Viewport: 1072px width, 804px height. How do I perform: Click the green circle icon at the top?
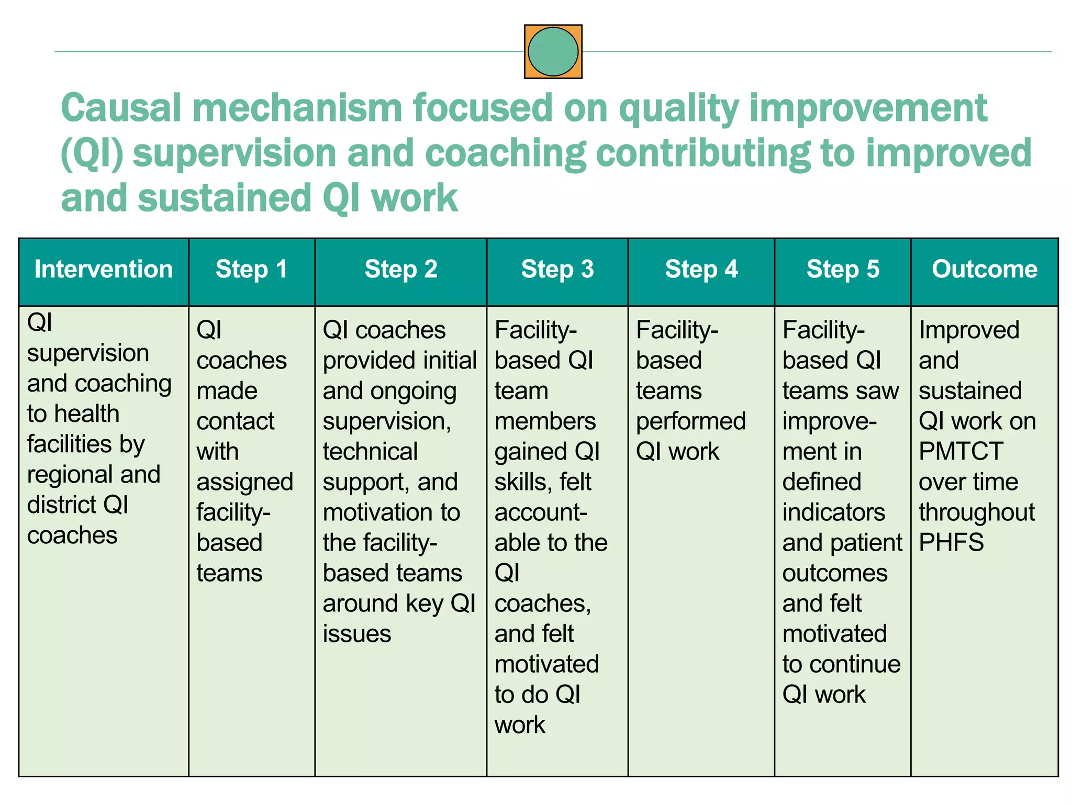click(x=553, y=52)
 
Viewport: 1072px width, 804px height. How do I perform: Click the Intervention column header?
click(x=103, y=270)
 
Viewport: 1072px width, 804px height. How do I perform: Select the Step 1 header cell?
click(x=251, y=270)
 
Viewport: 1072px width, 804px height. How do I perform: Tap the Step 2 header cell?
click(x=400, y=270)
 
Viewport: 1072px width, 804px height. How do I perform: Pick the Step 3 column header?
click(x=557, y=270)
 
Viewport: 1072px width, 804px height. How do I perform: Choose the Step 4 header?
click(x=701, y=270)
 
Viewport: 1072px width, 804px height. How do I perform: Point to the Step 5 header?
click(x=842, y=270)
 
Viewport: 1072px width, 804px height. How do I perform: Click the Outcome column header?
click(x=984, y=270)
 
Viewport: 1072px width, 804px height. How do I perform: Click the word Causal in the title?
click(x=121, y=107)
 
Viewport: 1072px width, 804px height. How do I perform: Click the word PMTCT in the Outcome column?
click(x=961, y=451)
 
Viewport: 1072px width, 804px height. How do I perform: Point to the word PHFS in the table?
click(x=951, y=542)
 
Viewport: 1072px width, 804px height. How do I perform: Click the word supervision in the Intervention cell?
click(x=88, y=354)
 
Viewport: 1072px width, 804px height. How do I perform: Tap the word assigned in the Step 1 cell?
click(x=244, y=483)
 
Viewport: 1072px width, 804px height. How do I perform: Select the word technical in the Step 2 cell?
click(x=370, y=452)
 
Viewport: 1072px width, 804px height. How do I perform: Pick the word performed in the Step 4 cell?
click(x=690, y=421)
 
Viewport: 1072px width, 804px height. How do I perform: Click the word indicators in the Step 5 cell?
click(x=833, y=512)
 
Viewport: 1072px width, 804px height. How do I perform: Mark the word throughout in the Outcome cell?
click(x=976, y=512)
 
